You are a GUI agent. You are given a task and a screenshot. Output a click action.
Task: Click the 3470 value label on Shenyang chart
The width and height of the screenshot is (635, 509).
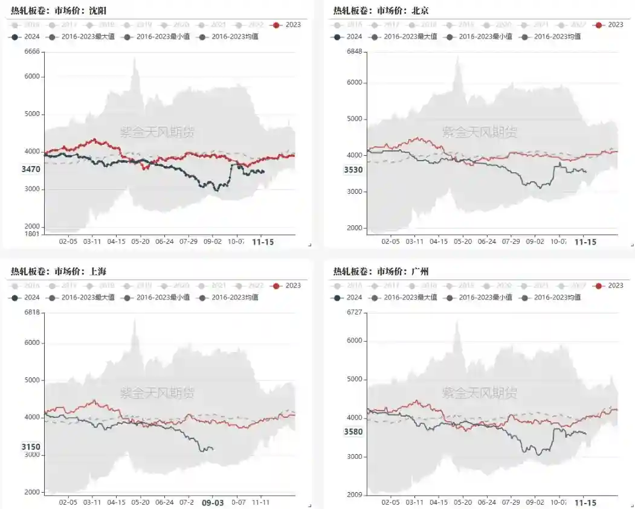coord(30,170)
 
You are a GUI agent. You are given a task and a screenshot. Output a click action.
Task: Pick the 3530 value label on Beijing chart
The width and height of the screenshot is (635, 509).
coord(353,170)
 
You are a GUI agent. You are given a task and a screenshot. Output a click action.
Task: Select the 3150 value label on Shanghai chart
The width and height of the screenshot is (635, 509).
coord(30,447)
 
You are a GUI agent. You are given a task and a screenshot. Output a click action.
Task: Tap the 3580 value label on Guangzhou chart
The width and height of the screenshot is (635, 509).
coord(353,432)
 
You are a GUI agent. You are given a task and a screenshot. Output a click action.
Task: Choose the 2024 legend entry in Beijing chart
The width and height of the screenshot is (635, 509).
coord(347,36)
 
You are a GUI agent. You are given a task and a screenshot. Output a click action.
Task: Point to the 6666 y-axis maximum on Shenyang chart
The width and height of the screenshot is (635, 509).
coord(31,52)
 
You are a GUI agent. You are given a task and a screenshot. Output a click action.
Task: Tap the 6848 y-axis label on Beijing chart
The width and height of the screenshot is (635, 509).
coord(354,52)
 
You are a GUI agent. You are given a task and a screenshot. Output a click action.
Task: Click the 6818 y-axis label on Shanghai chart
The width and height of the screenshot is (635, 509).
coord(31,312)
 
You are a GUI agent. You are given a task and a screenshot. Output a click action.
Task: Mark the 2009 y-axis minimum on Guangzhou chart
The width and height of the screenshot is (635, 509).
coord(354,495)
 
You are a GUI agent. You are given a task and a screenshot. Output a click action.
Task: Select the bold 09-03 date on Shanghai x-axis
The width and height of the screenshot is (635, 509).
coord(213,502)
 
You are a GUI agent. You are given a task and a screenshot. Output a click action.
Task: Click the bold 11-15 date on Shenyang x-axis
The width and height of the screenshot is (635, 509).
coord(262,242)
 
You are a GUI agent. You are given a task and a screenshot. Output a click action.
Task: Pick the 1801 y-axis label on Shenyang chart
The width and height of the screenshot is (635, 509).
coord(31,234)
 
